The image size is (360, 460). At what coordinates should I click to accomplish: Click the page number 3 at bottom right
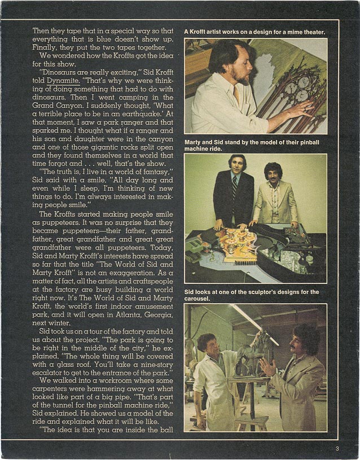tap(336, 449)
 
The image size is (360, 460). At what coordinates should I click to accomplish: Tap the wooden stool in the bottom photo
tap(251, 420)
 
